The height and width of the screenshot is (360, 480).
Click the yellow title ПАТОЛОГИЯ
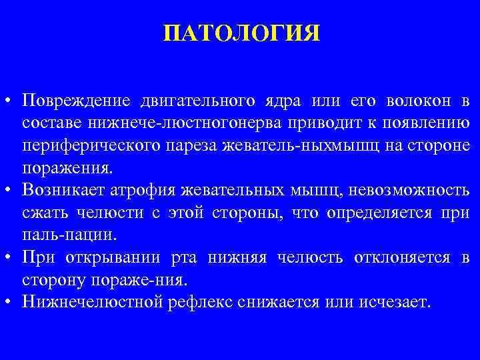click(x=241, y=33)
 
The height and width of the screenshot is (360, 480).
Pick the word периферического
click(x=84, y=145)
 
